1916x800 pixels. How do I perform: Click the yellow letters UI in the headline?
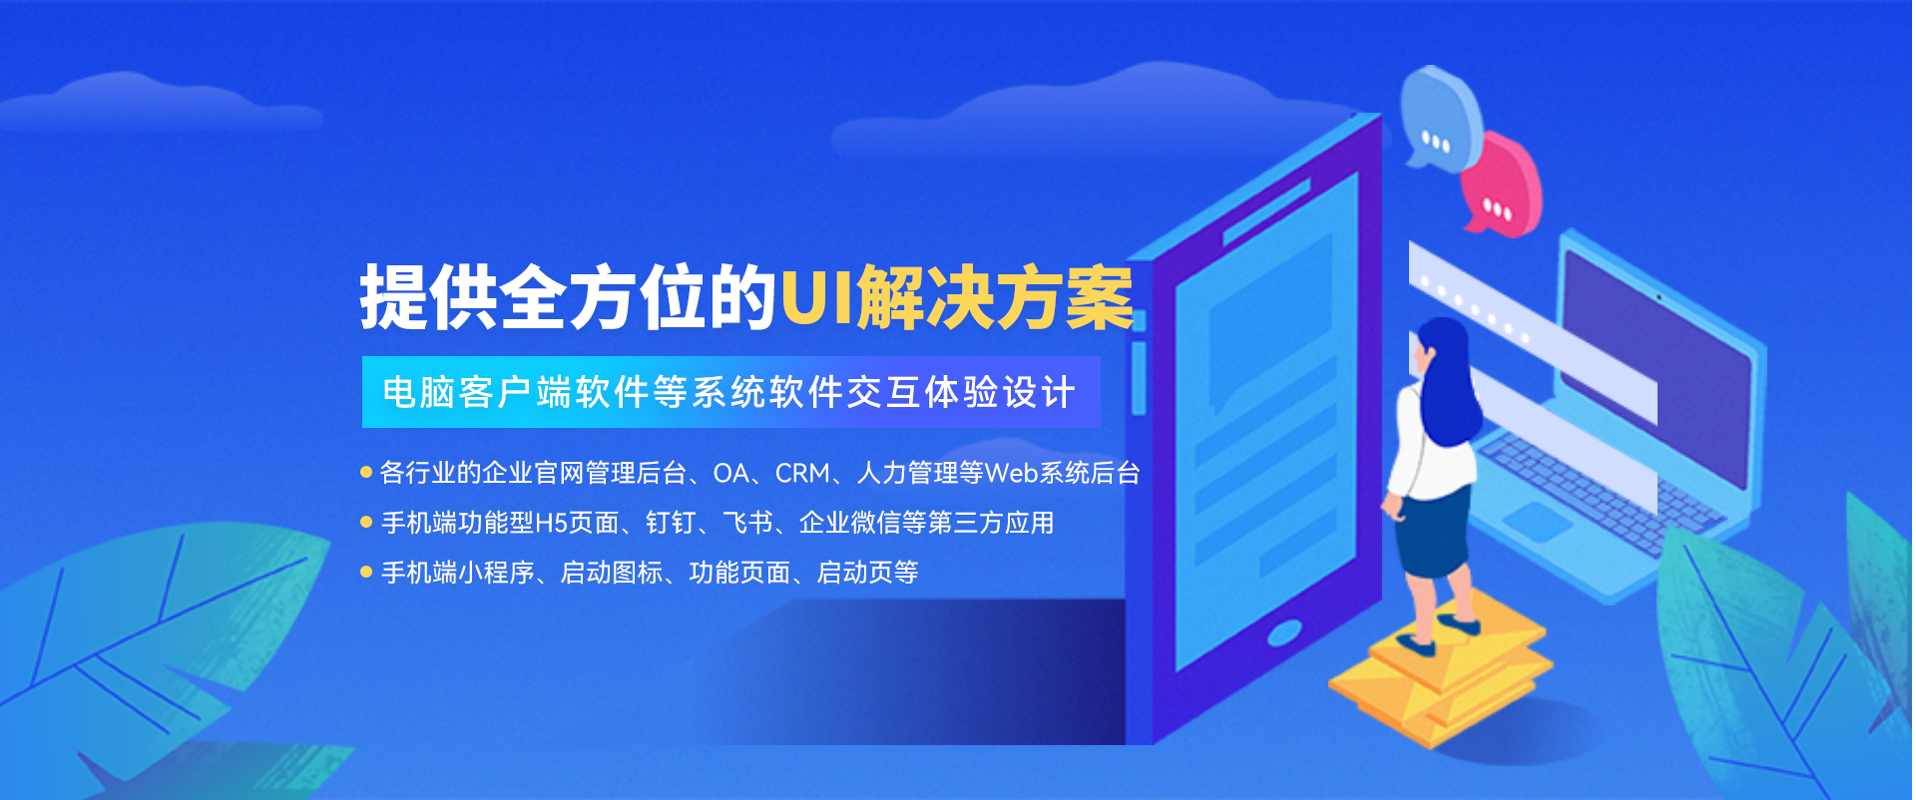[815, 296]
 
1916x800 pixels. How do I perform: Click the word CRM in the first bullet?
[802, 473]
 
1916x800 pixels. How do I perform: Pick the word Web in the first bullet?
[1012, 473]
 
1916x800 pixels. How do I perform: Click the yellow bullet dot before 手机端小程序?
[366, 572]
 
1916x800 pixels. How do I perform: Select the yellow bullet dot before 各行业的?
[366, 472]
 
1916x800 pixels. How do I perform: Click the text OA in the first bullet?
[730, 473]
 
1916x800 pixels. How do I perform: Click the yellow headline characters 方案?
[1065, 296]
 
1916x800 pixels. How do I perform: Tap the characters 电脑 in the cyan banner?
[419, 392]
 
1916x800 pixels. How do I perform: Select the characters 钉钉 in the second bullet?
[671, 523]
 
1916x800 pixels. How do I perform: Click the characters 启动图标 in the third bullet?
[612, 573]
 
